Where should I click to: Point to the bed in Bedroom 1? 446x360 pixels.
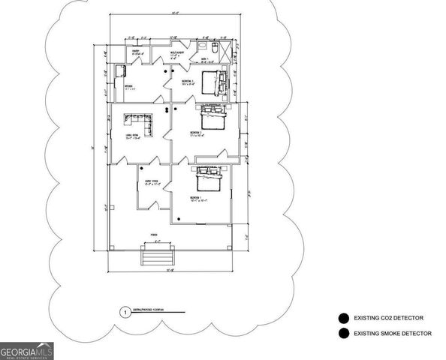click(x=208, y=183)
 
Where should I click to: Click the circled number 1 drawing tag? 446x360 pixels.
click(x=123, y=311)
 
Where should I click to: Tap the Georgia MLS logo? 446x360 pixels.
click(x=26, y=349)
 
